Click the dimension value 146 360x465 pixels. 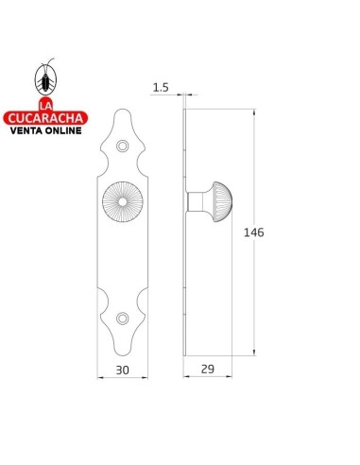tap(254, 232)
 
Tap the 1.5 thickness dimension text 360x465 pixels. tap(161, 87)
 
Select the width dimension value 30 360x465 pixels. tap(122, 370)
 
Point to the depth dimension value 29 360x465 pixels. tap(208, 369)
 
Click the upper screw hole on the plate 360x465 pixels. tap(123, 146)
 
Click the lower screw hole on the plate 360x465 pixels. tap(123, 319)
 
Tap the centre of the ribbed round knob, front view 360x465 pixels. tap(123, 201)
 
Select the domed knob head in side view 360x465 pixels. tap(222, 201)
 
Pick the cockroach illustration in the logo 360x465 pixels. tap(45, 77)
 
